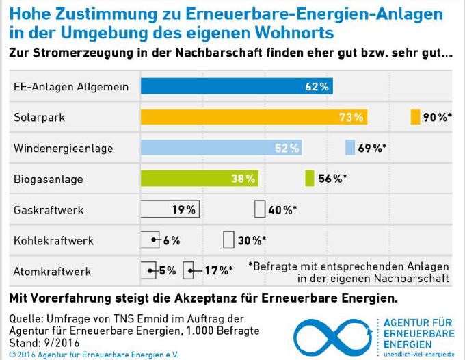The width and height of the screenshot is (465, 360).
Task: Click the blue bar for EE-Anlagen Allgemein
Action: click(x=237, y=86)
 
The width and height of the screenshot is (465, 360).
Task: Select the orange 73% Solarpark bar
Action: click(x=254, y=117)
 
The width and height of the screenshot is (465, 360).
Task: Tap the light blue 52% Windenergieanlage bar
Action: click(x=221, y=148)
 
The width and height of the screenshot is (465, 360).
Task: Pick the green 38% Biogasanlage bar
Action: click(x=199, y=179)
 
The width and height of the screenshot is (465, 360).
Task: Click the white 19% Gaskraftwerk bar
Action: click(x=170, y=209)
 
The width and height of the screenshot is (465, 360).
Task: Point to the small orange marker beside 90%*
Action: click(x=415, y=117)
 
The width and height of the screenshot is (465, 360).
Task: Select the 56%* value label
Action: click(x=332, y=179)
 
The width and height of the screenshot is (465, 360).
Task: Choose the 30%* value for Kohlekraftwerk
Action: click(x=252, y=240)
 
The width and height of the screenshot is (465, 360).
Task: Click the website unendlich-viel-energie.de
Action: click(x=420, y=353)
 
